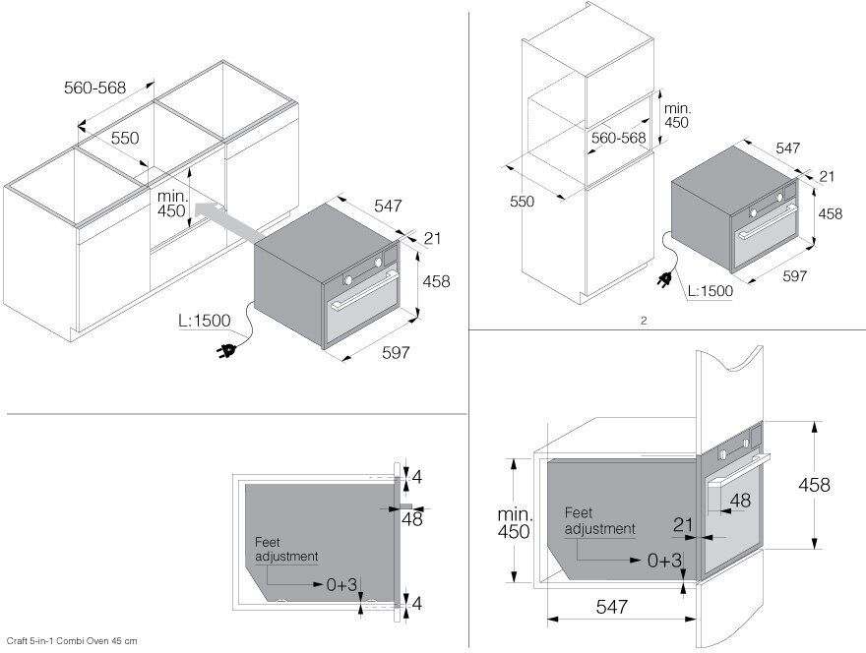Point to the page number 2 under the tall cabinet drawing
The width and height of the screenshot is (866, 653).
pos(643,320)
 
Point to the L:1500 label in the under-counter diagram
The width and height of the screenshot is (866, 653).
pos(204,321)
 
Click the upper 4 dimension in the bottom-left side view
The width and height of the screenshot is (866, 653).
pos(416,477)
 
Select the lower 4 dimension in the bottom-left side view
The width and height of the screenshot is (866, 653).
pos(416,602)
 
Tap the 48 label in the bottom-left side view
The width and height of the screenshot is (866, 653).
pos(412,519)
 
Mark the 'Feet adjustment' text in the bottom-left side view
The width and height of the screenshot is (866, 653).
pos(286,549)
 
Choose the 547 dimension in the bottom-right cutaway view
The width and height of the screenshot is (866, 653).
pos(611,608)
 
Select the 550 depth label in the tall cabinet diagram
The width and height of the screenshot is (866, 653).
pos(522,201)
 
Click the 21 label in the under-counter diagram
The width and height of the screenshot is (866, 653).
pos(432,238)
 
